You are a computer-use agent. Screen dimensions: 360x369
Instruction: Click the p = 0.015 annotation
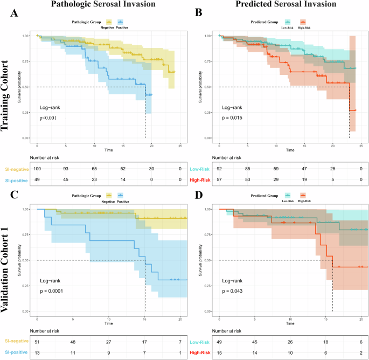coord(232,117)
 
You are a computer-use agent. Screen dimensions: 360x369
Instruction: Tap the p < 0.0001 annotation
coord(52,291)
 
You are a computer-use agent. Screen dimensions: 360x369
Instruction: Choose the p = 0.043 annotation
coord(232,291)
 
